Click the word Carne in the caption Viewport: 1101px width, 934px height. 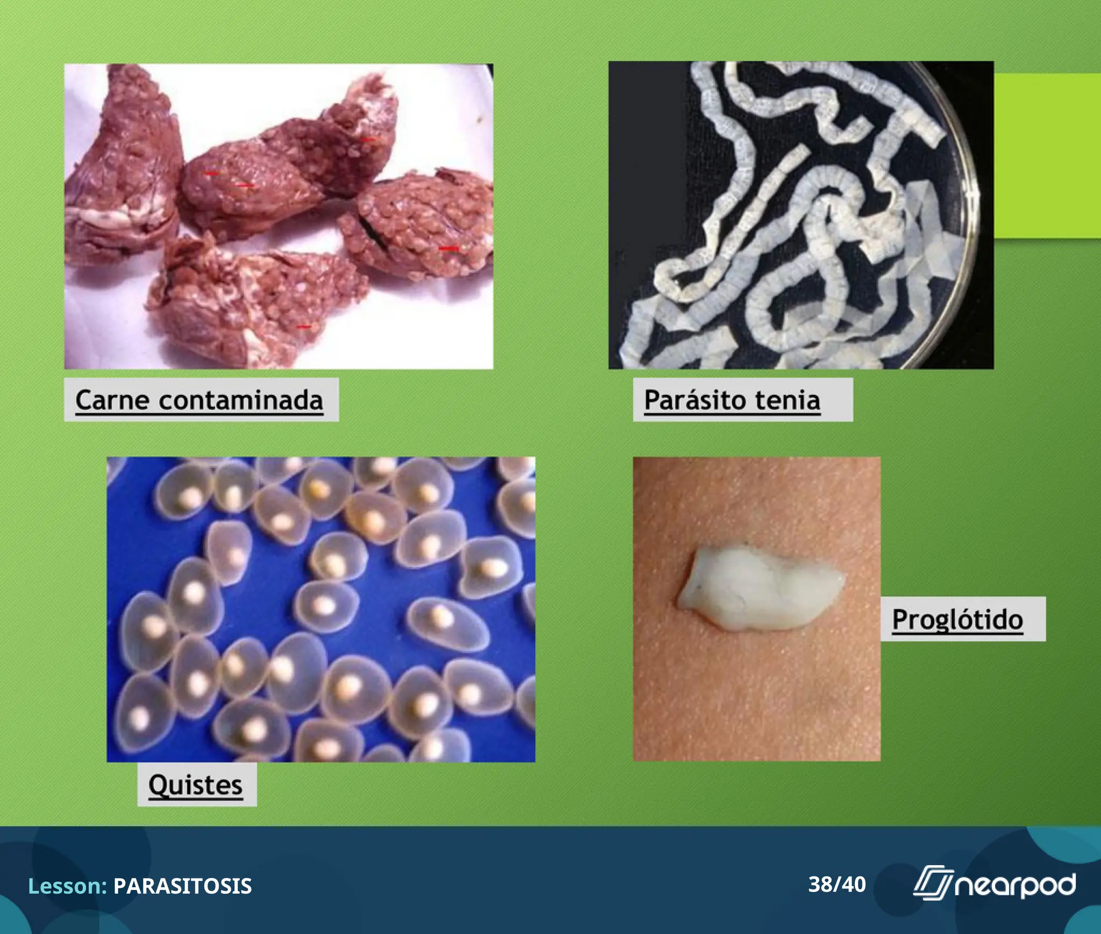click(x=111, y=400)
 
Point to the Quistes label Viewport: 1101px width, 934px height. click(x=196, y=785)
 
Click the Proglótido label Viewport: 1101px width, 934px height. click(x=957, y=619)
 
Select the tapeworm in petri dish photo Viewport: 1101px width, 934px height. click(x=800, y=215)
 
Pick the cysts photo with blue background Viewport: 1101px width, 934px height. click(x=321, y=610)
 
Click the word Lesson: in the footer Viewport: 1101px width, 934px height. click(x=68, y=886)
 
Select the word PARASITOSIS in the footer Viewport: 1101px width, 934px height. click(x=182, y=886)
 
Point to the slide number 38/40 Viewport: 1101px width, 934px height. click(x=837, y=885)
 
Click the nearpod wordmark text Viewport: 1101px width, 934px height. click(x=1015, y=886)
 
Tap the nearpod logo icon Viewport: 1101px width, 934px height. click(x=932, y=883)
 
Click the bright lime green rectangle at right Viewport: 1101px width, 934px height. click(x=1048, y=156)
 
